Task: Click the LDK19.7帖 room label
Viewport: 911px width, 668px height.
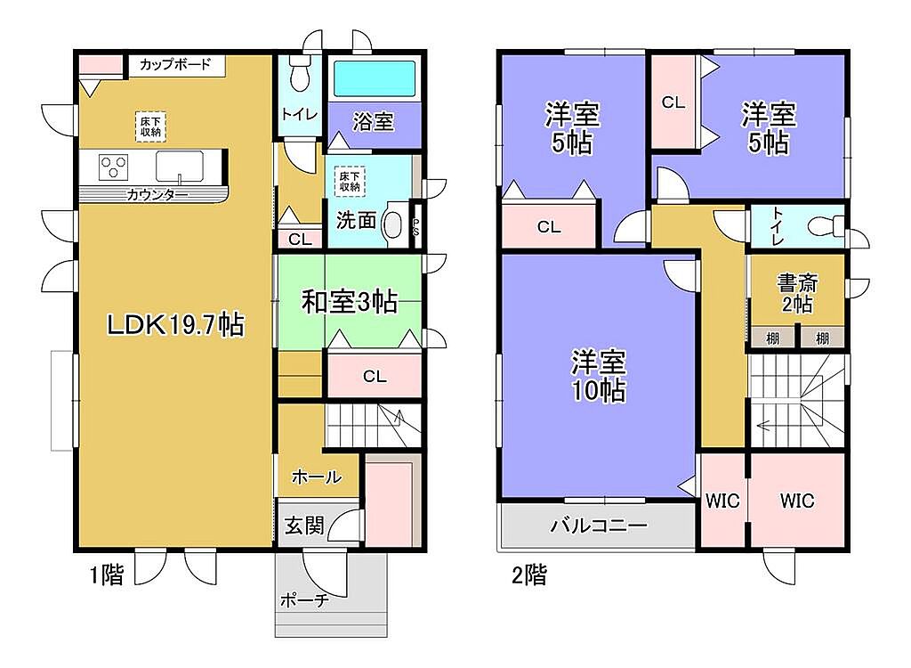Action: (x=175, y=325)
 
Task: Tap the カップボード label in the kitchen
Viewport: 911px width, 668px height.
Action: (x=175, y=64)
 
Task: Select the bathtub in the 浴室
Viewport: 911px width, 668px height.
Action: (x=375, y=78)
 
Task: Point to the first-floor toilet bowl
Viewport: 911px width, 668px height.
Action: (x=300, y=75)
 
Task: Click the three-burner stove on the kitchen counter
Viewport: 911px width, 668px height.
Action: (x=114, y=167)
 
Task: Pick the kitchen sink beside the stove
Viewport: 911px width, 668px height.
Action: (x=180, y=167)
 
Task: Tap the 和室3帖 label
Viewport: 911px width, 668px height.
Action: (x=349, y=303)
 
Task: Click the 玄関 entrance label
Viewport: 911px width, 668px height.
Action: (x=304, y=526)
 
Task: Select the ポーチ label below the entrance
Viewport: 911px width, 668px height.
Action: (x=305, y=599)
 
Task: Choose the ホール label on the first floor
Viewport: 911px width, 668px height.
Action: (x=316, y=477)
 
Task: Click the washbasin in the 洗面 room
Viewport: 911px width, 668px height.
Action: (x=394, y=224)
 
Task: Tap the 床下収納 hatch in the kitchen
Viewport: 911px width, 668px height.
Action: (x=150, y=126)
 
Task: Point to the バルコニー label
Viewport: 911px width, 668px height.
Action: (x=599, y=526)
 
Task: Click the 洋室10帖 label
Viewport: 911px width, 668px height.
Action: (x=599, y=376)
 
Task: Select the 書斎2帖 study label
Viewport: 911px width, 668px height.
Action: (x=797, y=293)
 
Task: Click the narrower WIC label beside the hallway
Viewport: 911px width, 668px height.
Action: (x=722, y=500)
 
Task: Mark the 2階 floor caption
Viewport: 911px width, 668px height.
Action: (x=529, y=575)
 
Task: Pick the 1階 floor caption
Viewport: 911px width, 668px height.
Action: (x=107, y=575)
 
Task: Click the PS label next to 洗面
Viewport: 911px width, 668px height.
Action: (x=416, y=225)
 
